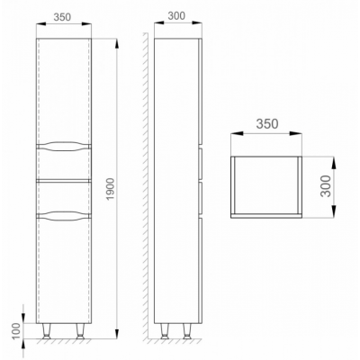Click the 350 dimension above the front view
coord(62,17)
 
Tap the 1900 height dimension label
coord(110,189)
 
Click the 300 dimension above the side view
coord(176,15)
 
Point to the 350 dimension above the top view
coord(267,123)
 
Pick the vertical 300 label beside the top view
coord(326,186)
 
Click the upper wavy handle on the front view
coord(63,146)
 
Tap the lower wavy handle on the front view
coord(63,215)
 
